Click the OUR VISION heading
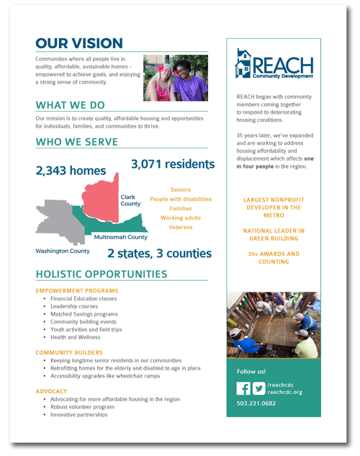pos(79,43)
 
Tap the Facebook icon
pos(243,389)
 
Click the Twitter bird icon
pos(258,389)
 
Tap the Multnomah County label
pos(121,237)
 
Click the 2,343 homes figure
pos(71,171)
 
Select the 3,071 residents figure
pos(173,165)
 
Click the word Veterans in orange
pos(181,227)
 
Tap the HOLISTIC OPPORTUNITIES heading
pos(101,274)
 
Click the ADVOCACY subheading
pos(51,391)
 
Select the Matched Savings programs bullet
pos(84,314)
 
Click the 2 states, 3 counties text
pos(159,254)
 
